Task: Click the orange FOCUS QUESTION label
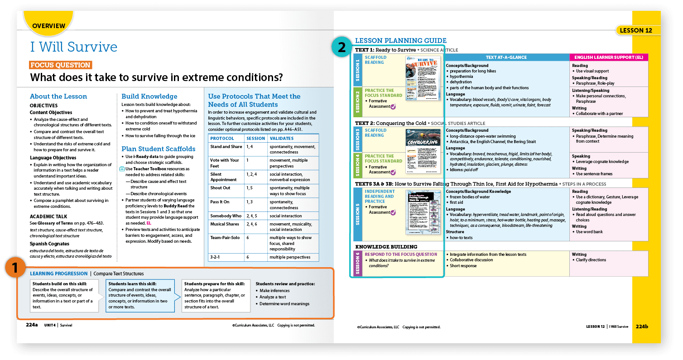click(x=61, y=65)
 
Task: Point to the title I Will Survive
click(x=73, y=47)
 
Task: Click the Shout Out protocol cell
click(x=220, y=188)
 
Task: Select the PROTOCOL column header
click(x=222, y=138)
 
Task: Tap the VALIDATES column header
click(x=281, y=138)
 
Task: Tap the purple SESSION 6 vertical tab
click(x=357, y=263)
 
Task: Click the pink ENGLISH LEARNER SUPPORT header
click(x=608, y=58)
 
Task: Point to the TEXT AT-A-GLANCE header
click(x=506, y=58)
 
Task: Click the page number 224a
click(x=32, y=325)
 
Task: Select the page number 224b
click(x=641, y=326)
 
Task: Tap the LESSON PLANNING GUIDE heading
click(x=400, y=41)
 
